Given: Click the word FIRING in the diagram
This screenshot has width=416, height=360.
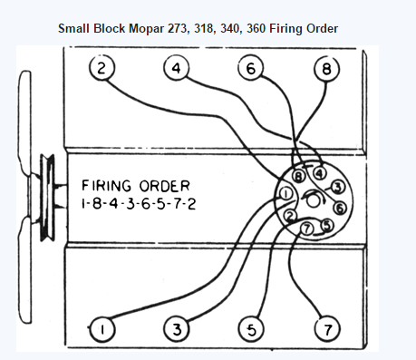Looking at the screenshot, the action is [106, 186].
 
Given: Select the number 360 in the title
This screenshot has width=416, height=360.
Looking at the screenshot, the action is [256, 28].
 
